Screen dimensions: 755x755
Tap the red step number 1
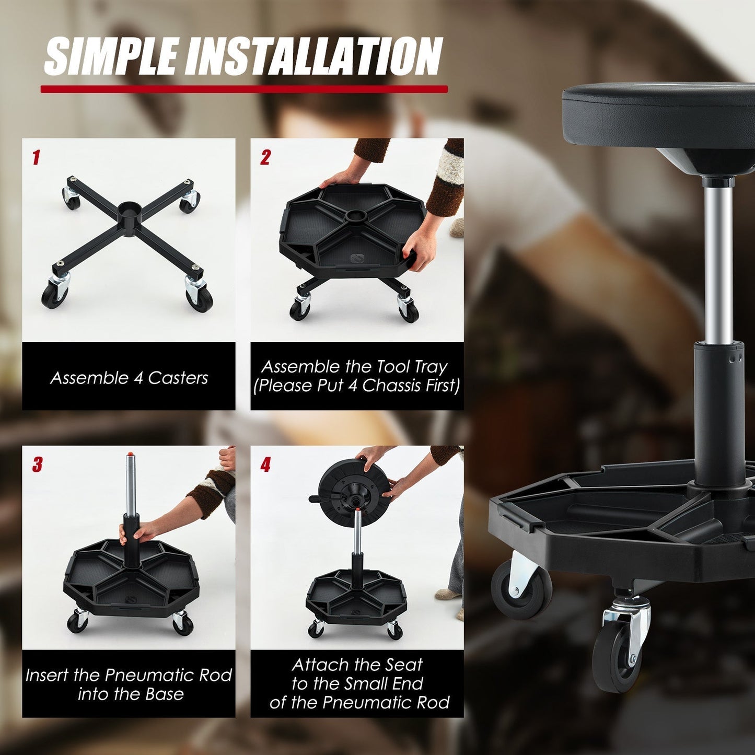[x=36, y=157]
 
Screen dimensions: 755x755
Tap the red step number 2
[x=265, y=157]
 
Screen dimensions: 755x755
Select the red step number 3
[x=37, y=464]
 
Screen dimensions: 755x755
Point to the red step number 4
[x=265, y=464]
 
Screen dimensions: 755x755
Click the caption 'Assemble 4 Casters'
[x=129, y=378]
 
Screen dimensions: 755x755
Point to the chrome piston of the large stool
[x=718, y=261]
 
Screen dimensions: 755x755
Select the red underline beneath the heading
[x=244, y=89]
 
